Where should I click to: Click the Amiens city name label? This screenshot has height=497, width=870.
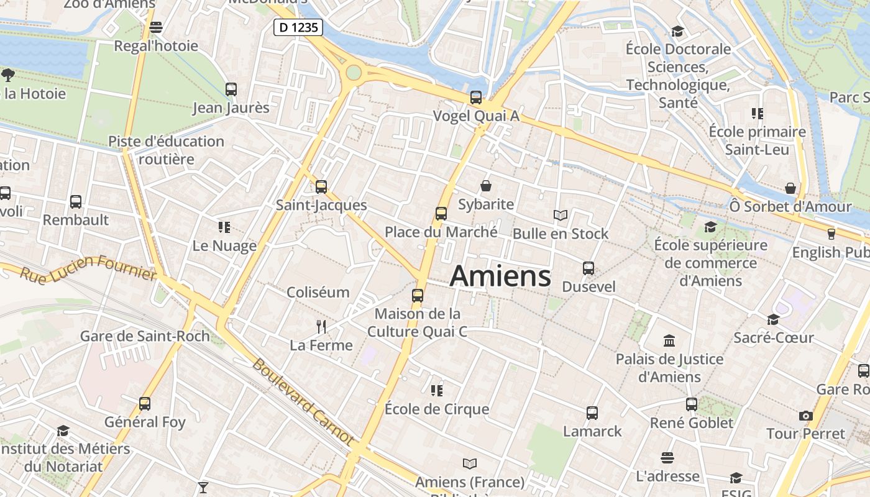[500, 276]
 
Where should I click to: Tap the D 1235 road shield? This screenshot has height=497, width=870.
[298, 27]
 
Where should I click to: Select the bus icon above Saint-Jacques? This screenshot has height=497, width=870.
[321, 186]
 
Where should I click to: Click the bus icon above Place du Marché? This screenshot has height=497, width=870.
[441, 214]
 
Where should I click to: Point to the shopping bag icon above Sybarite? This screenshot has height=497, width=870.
[486, 186]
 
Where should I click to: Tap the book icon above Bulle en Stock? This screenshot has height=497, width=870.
[561, 216]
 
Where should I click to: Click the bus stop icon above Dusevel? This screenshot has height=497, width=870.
[588, 268]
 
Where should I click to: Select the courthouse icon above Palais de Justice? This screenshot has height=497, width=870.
[669, 340]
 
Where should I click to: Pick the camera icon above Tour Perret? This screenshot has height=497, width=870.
[806, 416]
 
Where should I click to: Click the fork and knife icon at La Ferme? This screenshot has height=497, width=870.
[321, 327]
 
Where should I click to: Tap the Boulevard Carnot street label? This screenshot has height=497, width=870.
[303, 401]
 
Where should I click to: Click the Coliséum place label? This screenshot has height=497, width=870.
[318, 292]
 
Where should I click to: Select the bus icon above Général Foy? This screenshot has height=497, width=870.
[145, 404]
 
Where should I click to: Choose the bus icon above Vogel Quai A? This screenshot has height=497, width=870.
[476, 98]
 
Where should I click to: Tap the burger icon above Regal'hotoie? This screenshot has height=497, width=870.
[156, 27]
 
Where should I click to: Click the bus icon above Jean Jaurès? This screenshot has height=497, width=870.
[231, 89]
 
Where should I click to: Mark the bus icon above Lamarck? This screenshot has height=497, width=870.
[592, 413]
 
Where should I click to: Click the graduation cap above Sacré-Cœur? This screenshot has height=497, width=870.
[773, 319]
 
